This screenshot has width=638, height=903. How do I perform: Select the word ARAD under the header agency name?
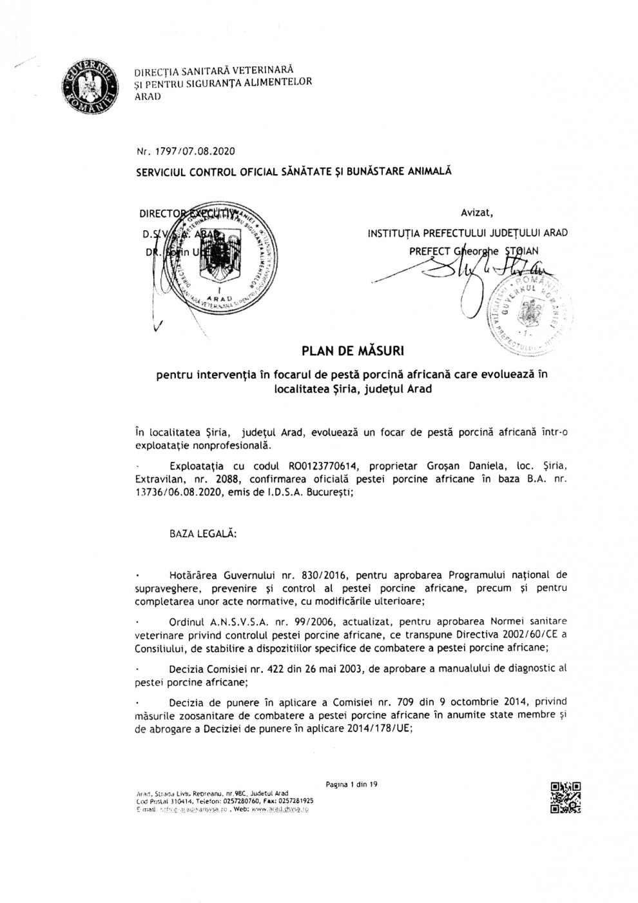[x=148, y=97]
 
